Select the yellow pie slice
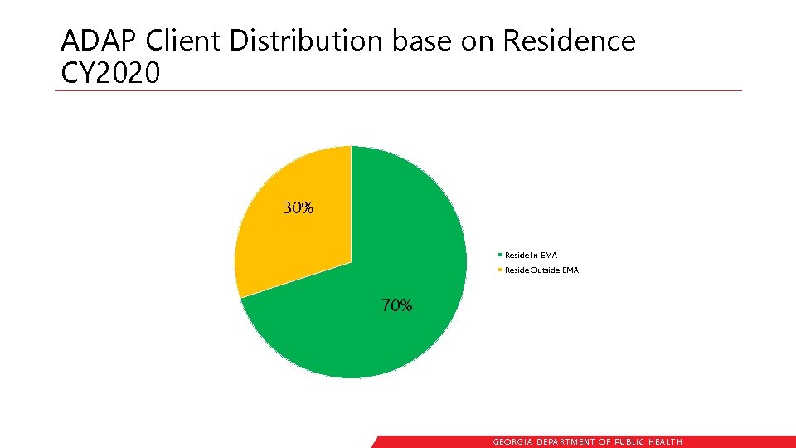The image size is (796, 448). pyautogui.click(x=290, y=241)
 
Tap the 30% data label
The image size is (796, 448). pyautogui.click(x=298, y=208)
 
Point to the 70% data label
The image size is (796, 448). pyautogui.click(x=396, y=305)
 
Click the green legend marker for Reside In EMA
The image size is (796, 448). pyautogui.click(x=500, y=256)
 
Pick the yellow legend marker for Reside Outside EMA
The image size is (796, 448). pyautogui.click(x=500, y=270)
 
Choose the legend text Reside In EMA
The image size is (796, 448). pyautogui.click(x=531, y=256)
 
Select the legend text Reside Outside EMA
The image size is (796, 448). pyautogui.click(x=541, y=270)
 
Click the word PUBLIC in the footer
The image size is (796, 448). pyautogui.click(x=632, y=442)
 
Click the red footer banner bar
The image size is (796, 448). pyautogui.click(x=730, y=441)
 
